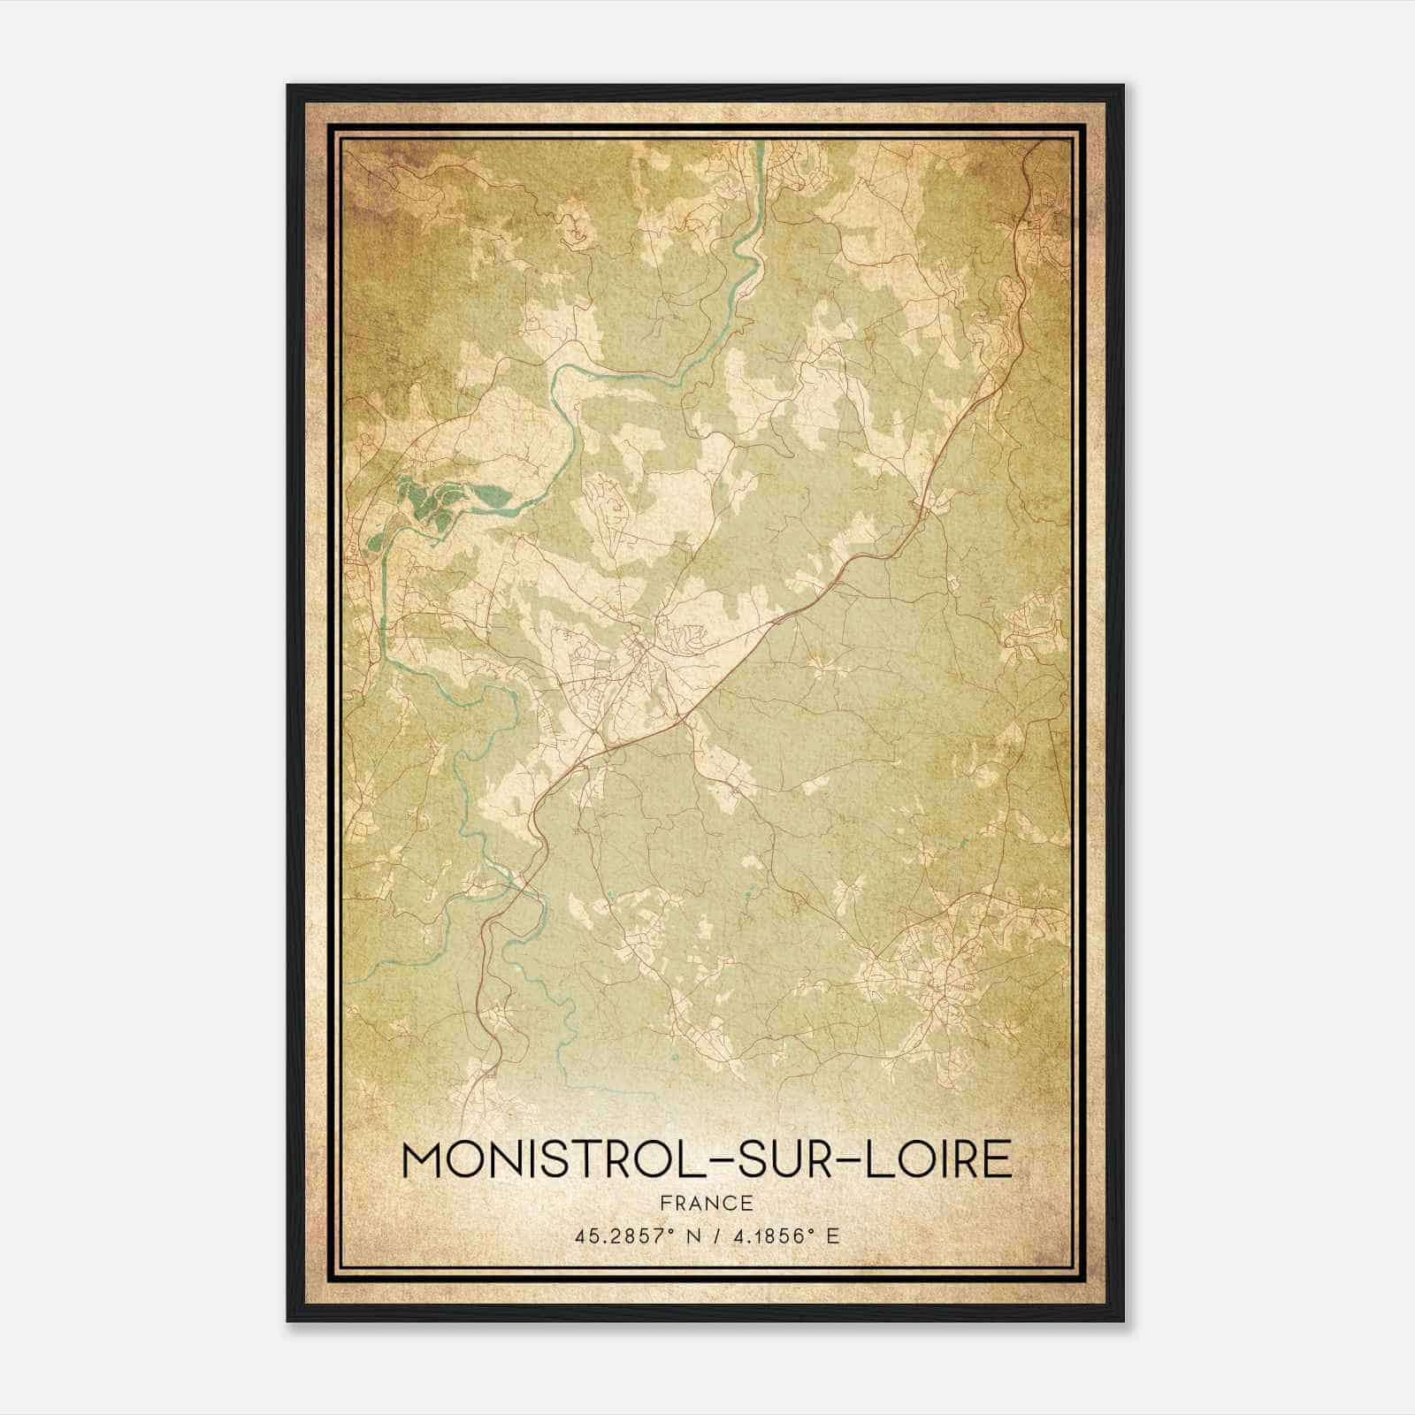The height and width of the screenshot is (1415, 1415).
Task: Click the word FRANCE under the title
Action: pos(707,1203)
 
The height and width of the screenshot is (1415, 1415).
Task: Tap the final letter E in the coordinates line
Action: pos(832,1236)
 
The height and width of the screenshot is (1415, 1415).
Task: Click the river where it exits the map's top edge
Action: pos(759,147)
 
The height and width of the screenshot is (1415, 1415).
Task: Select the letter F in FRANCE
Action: pos(665,1203)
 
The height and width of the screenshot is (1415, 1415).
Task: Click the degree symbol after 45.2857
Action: pos(660,1231)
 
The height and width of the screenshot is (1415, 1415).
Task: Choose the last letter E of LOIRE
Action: pos(999,1159)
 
